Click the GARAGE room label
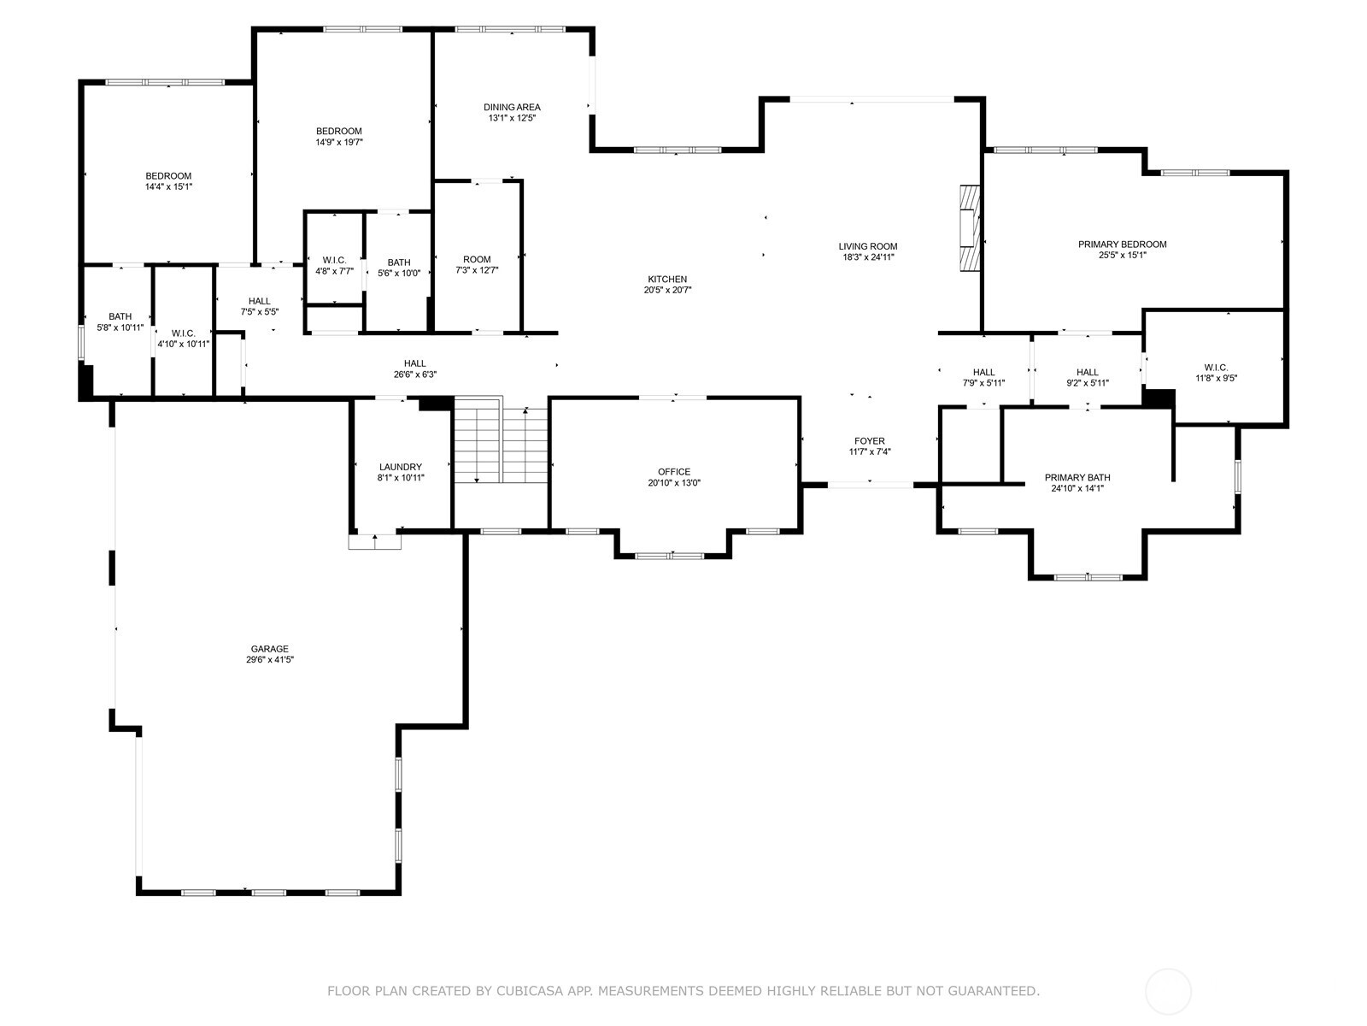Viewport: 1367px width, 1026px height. point(269,649)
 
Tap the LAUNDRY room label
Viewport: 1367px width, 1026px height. point(400,467)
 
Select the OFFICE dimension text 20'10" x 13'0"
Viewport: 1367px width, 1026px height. point(673,483)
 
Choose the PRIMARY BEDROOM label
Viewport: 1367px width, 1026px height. point(1122,245)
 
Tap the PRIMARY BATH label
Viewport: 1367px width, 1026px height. point(1077,478)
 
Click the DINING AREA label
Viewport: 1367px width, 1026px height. point(512,107)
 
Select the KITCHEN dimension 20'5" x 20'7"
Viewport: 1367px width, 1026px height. point(667,291)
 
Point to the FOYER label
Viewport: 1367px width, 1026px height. point(869,441)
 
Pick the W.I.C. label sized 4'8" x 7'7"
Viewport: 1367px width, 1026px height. point(333,260)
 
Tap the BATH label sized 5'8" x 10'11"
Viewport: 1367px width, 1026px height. point(120,316)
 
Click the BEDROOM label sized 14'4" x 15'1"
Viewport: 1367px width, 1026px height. point(167,176)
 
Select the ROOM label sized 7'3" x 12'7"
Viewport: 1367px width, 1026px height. point(477,260)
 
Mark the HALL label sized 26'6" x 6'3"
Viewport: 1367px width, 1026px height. point(415,363)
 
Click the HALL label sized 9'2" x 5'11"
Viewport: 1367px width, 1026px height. point(1087,372)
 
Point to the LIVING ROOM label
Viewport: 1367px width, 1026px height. point(867,246)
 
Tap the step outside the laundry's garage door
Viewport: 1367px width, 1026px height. point(374,542)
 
